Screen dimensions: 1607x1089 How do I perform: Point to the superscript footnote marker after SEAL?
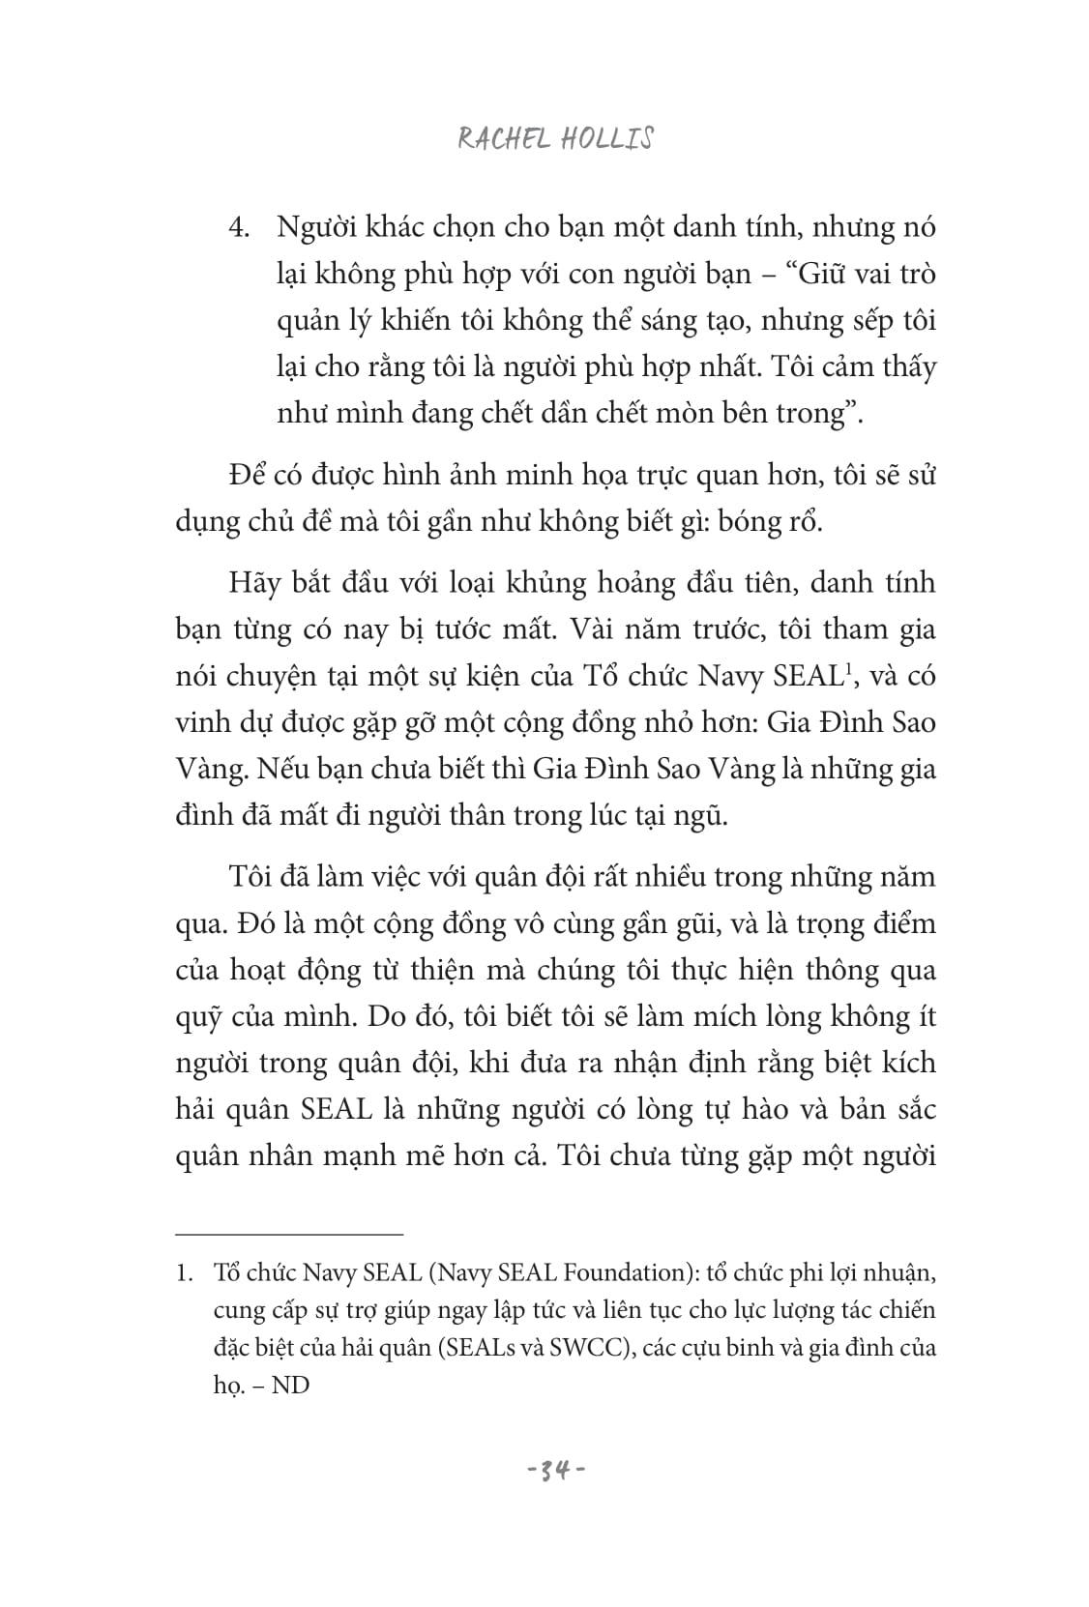pos(846,666)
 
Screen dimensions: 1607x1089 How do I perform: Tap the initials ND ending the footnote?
pos(290,1385)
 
